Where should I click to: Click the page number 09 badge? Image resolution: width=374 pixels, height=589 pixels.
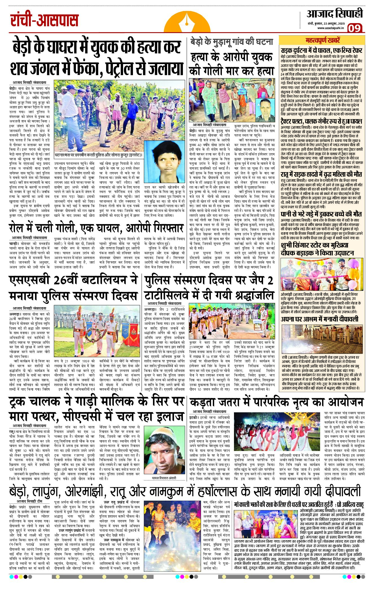pos(354,28)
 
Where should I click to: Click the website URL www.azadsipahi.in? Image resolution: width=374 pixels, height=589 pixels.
pos(330,28)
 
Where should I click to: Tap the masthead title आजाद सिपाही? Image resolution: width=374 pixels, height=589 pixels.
pos(334,14)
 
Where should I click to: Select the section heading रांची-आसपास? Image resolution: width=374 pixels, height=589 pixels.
pos(44,21)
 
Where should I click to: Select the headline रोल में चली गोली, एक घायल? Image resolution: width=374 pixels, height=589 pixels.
pos(96,228)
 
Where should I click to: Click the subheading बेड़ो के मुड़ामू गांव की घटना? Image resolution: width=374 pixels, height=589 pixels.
pos(232,42)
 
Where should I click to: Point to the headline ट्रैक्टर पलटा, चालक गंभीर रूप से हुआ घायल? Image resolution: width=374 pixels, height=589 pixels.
pos(321,122)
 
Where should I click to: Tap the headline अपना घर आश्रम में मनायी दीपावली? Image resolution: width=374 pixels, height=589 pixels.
pos(320,319)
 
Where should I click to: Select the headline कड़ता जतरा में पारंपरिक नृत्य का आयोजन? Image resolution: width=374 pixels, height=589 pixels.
pos(277,402)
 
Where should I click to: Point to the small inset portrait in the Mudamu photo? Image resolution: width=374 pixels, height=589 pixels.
pos(265,110)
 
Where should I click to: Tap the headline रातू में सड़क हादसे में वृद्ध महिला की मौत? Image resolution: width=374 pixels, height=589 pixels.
pos(321,174)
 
